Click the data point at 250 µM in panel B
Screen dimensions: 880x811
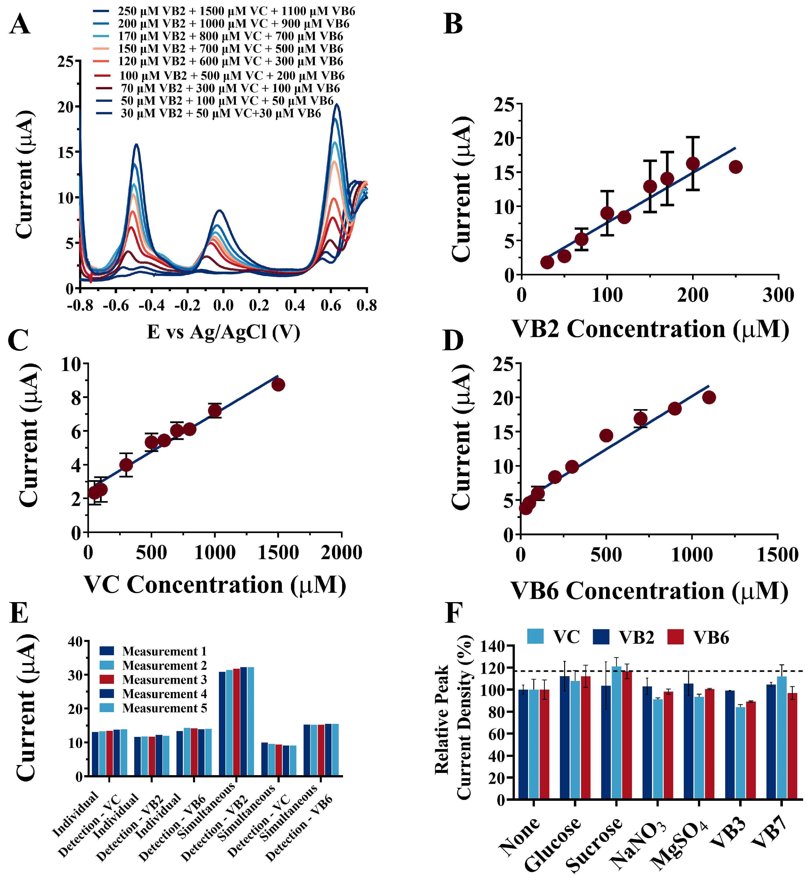click(736, 167)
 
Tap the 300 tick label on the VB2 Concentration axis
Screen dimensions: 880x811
click(778, 295)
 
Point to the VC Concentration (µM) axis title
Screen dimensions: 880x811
click(215, 585)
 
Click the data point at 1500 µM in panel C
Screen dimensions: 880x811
click(278, 385)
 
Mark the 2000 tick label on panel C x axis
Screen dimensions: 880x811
click(341, 552)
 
